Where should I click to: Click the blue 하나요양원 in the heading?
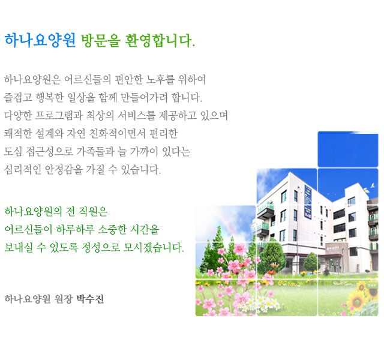[x=40, y=40]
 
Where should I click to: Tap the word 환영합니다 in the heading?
[x=160, y=40]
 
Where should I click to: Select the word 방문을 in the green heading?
[x=101, y=40]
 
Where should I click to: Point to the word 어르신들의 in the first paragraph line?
[x=88, y=80]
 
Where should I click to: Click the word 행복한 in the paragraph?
[x=50, y=97]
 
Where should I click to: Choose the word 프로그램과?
[x=59, y=115]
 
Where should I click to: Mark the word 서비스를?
[x=136, y=115]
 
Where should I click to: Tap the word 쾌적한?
[x=18, y=133]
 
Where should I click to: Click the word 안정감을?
[x=64, y=169]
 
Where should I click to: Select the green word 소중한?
[x=112, y=229]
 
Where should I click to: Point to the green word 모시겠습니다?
[x=154, y=247]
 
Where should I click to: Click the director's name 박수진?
[x=90, y=299]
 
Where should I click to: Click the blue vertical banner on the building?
[x=308, y=202]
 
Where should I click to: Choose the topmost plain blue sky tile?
[x=348, y=149]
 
